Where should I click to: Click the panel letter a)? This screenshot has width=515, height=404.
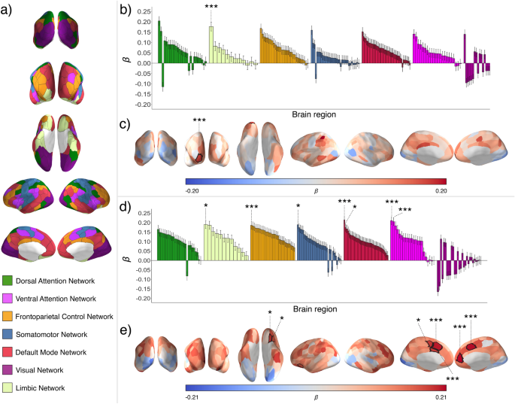click(x=8, y=8)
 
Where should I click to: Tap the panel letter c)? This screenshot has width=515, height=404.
click(x=126, y=124)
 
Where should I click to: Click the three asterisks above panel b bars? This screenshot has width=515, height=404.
click(x=211, y=6)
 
